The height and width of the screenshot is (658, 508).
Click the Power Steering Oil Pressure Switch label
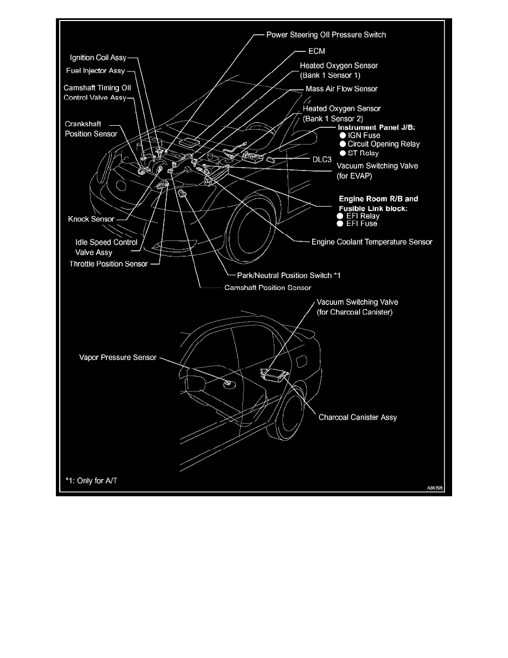coord(326,34)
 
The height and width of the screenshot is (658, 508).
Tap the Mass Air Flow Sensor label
coord(341,89)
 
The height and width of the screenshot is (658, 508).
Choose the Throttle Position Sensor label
coord(108,264)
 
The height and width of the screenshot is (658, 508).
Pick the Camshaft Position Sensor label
coord(268,287)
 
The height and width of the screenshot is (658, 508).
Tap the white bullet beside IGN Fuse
coord(343,135)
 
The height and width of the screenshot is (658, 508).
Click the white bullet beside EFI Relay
coord(339,216)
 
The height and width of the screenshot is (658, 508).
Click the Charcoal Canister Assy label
coord(357,417)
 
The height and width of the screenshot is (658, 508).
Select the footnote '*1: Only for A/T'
coord(91,480)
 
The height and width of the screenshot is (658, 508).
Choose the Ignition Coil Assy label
coord(98,56)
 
